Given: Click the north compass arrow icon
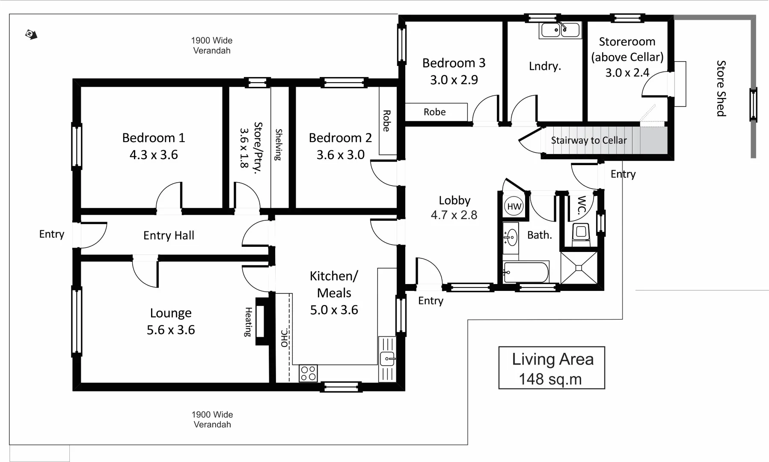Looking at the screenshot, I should click(31, 35).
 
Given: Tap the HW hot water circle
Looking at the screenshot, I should click(514, 207).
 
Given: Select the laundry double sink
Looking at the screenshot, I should click(560, 30).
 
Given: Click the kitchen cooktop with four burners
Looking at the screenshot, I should click(308, 373).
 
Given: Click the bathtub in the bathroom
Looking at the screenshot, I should click(526, 272).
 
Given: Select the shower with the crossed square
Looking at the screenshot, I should click(579, 268).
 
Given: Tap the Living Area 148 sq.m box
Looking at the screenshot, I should click(552, 368).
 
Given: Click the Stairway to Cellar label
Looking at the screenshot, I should click(588, 140).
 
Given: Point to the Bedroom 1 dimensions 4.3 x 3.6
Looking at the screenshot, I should click(154, 155).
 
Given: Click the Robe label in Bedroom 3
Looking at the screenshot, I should click(434, 112).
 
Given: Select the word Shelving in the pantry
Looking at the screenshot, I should click(279, 145).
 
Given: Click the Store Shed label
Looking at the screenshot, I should click(721, 88).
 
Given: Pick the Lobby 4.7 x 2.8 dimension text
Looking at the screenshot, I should click(454, 215).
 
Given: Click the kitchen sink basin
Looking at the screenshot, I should click(387, 358).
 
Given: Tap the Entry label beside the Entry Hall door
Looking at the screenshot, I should click(51, 234).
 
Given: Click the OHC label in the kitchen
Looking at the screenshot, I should click(284, 338).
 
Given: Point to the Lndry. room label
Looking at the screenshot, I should click(545, 66).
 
